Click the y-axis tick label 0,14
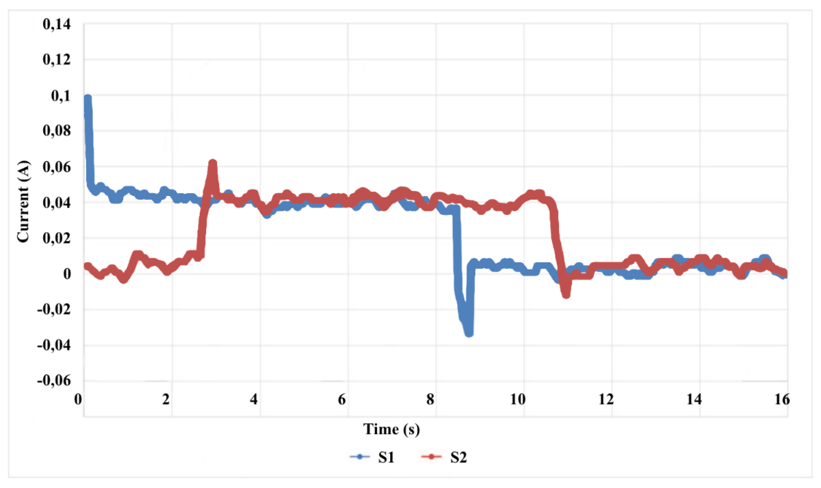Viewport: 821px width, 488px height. pyautogui.click(x=57, y=24)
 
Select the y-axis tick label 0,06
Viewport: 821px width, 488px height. pyautogui.click(x=57, y=167)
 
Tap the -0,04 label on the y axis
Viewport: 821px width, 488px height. pyautogui.click(x=54, y=345)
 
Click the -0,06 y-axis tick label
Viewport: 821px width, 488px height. pyautogui.click(x=54, y=381)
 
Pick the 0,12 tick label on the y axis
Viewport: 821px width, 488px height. pyautogui.click(x=57, y=60)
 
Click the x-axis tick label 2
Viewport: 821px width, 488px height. pyautogui.click(x=166, y=400)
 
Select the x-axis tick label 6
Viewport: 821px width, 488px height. pyautogui.click(x=342, y=400)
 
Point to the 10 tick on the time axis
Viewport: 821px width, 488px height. pyautogui.click(x=518, y=400)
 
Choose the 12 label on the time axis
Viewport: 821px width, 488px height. pyautogui.click(x=606, y=400)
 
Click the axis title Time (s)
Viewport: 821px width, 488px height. pyautogui.click(x=391, y=429)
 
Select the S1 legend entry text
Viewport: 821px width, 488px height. pyautogui.click(x=386, y=457)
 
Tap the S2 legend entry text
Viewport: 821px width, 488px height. pyautogui.click(x=458, y=457)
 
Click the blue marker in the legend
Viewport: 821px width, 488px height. pyautogui.click(x=360, y=457)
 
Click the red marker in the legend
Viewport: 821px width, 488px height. pyautogui.click(x=431, y=457)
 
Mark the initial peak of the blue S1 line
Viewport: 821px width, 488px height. pyautogui.click(x=88, y=99)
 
